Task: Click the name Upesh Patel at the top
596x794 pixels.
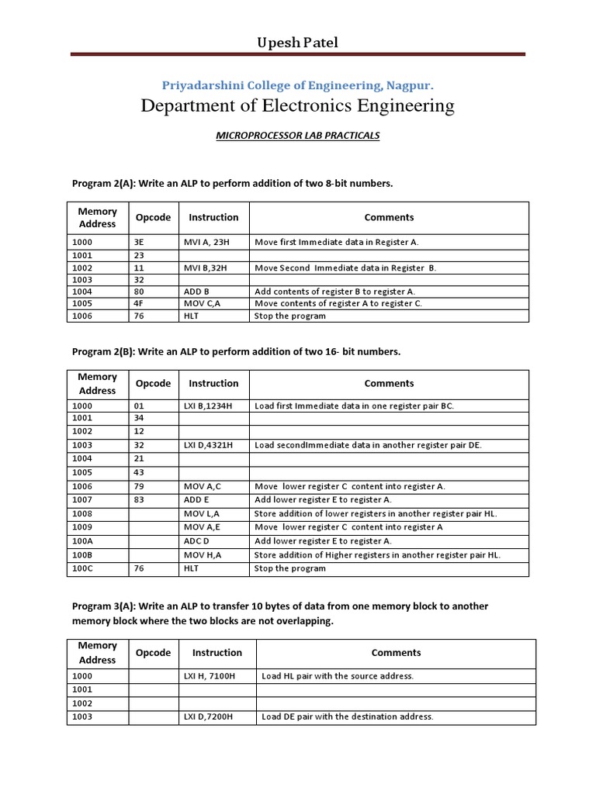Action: (x=298, y=42)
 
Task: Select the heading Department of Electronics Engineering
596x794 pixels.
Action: (x=297, y=105)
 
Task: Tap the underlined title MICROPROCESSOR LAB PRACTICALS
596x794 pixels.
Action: (x=297, y=135)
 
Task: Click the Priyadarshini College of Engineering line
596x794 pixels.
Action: (x=297, y=85)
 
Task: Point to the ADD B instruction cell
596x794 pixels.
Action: (x=197, y=292)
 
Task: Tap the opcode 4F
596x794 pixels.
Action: (x=140, y=303)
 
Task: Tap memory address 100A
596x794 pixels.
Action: (x=82, y=540)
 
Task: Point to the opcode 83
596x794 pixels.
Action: (x=140, y=500)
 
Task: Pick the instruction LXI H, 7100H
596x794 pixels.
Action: (x=210, y=676)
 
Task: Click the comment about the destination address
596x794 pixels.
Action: (x=348, y=716)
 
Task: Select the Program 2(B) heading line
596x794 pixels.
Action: (x=236, y=351)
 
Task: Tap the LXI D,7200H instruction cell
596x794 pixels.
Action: (x=210, y=716)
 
